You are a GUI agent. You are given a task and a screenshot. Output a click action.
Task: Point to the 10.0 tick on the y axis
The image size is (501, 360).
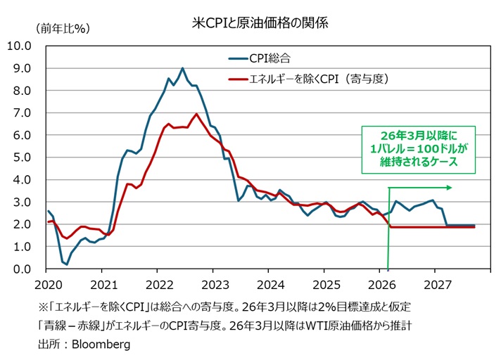[18, 46]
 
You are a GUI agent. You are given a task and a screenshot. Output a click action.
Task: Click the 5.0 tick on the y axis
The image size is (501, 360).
[21, 157]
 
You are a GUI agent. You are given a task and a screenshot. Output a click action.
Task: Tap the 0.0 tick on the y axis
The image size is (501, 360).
[21, 269]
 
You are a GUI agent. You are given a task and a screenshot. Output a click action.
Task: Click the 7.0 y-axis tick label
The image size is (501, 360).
[21, 113]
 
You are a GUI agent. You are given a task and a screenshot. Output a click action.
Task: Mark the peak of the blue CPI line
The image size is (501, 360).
[183, 68]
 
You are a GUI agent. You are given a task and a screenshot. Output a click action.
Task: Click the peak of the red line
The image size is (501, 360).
[196, 114]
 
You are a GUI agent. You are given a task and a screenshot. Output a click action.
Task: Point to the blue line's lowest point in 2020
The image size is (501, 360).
[67, 264]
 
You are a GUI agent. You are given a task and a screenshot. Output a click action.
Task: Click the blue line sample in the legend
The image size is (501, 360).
[238, 58]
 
